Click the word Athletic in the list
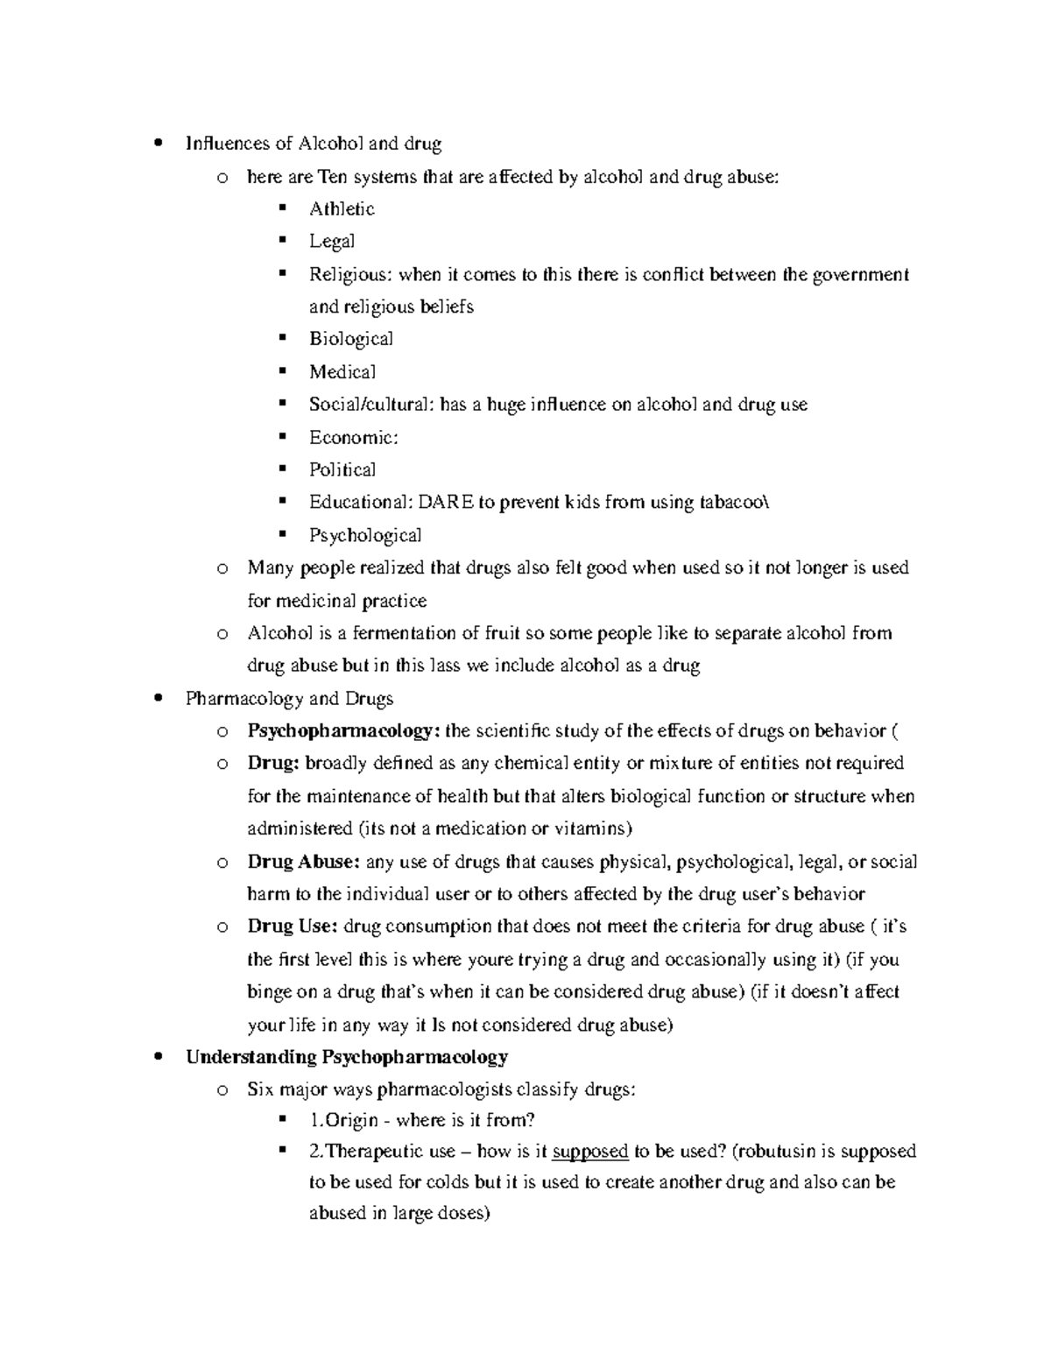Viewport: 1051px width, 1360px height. point(342,208)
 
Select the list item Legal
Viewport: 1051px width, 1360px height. point(332,241)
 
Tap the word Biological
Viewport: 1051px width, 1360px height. point(350,339)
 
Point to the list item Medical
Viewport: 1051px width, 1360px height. point(342,371)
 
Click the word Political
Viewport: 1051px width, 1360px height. point(342,469)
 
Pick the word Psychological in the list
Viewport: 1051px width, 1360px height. point(365,535)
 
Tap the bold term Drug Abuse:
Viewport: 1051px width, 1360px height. point(303,862)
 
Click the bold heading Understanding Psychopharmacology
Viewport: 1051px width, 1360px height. point(347,1057)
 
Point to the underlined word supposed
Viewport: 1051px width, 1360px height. point(590,1151)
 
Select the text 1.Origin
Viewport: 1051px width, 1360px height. point(343,1120)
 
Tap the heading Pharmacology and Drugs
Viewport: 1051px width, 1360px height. point(289,699)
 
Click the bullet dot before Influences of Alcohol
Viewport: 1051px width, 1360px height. point(157,144)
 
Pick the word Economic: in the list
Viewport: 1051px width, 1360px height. point(353,437)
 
